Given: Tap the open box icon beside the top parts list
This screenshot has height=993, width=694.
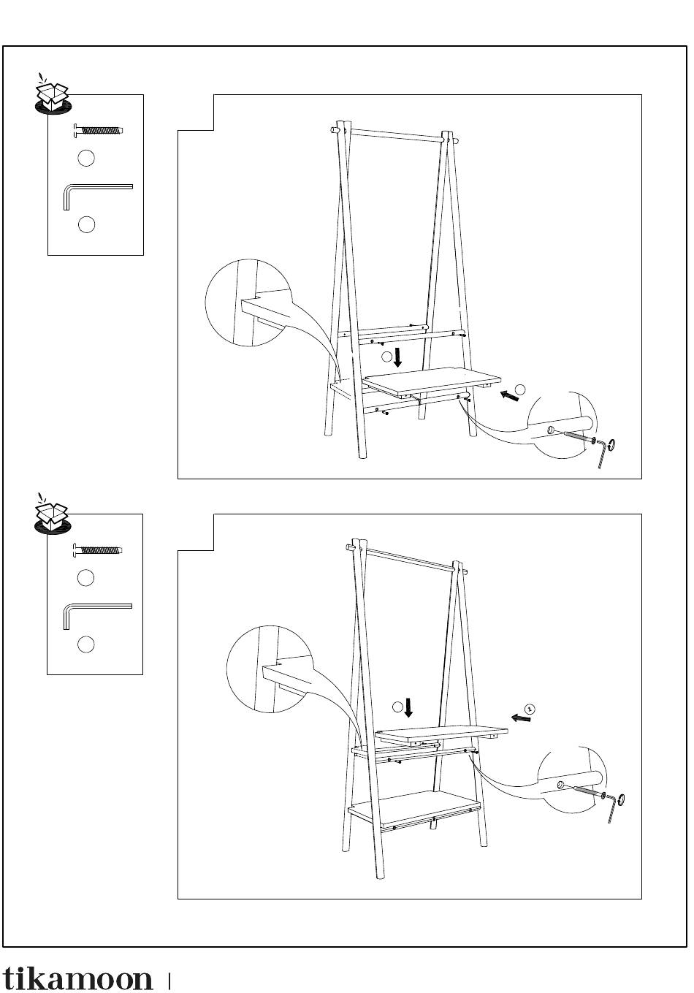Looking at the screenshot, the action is (53, 94).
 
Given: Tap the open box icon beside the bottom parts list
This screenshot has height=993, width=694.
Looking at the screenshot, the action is (53, 514).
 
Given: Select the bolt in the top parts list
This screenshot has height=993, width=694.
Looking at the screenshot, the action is (98, 130).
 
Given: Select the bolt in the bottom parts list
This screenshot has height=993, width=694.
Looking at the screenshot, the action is (97, 551).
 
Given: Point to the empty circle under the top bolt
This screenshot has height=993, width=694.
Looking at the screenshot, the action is (86, 158).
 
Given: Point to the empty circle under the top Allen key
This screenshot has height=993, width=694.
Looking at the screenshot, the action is (86, 224).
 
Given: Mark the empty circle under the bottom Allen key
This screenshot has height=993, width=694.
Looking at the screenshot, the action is (86, 644).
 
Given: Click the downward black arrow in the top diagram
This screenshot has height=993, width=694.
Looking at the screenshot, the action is (397, 358).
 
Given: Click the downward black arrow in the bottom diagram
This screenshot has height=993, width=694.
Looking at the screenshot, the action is (408, 707).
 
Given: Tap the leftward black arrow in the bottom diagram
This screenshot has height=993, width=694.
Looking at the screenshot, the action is (520, 718).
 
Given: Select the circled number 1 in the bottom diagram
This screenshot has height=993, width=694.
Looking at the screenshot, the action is (530, 709).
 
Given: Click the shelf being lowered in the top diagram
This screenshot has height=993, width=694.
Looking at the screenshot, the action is (432, 381).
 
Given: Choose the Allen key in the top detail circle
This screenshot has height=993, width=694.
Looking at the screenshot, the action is (604, 452).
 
